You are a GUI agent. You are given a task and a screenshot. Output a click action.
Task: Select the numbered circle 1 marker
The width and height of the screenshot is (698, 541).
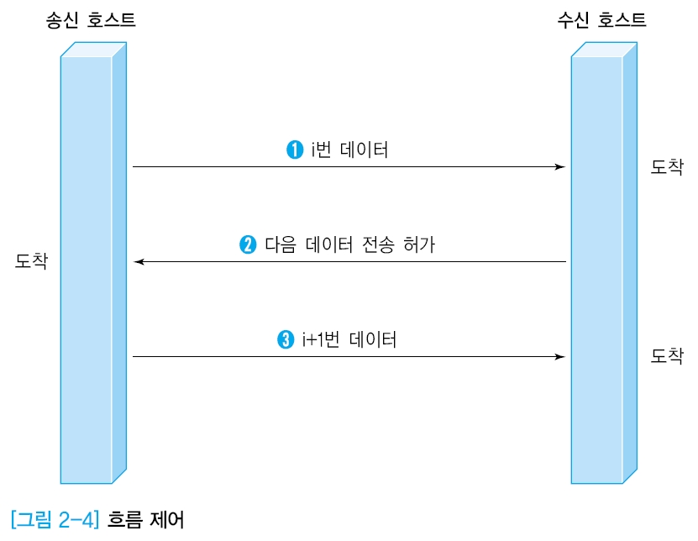pos(295,150)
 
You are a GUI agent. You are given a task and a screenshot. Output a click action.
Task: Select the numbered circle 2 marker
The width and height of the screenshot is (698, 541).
pos(248,245)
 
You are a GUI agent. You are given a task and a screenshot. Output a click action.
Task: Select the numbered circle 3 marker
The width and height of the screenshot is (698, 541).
pos(285,340)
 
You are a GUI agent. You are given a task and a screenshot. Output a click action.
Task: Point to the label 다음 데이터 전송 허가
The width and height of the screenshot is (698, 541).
pos(349,245)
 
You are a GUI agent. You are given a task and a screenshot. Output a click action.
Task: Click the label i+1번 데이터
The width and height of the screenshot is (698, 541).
pos(349,340)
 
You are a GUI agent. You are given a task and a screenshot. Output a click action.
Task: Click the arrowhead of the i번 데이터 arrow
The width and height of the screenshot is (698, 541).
pos(560,167)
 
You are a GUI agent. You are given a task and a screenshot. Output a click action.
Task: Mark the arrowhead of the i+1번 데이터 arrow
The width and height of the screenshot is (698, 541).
pos(560,357)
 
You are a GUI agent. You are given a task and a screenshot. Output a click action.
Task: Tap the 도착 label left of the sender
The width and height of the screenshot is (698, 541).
pos(31,261)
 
